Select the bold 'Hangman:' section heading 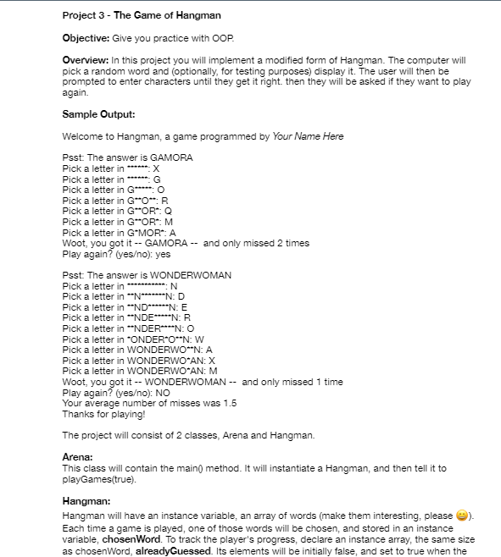point(87,502)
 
